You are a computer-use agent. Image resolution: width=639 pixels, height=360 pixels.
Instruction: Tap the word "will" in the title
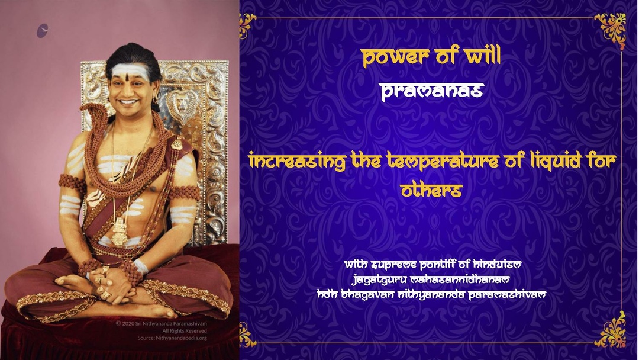coord(484,55)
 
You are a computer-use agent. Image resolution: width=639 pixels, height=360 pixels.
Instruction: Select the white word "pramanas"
coord(432,91)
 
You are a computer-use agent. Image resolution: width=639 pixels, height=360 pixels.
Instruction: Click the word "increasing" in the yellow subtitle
coord(298,161)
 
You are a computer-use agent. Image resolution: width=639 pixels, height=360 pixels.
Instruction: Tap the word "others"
coord(431,190)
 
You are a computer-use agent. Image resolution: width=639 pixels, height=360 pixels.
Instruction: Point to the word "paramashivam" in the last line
coord(507,294)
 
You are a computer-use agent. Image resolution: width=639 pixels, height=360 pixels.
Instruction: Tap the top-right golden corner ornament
coord(611,29)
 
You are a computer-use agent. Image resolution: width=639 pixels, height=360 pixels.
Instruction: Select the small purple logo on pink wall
coord(43,31)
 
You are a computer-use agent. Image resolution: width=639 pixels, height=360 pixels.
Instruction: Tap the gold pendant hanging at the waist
coord(120,232)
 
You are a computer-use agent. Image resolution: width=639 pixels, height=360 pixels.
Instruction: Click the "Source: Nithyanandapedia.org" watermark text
coord(172,338)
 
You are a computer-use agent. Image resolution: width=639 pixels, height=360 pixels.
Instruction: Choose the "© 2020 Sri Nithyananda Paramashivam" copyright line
coord(162,324)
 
